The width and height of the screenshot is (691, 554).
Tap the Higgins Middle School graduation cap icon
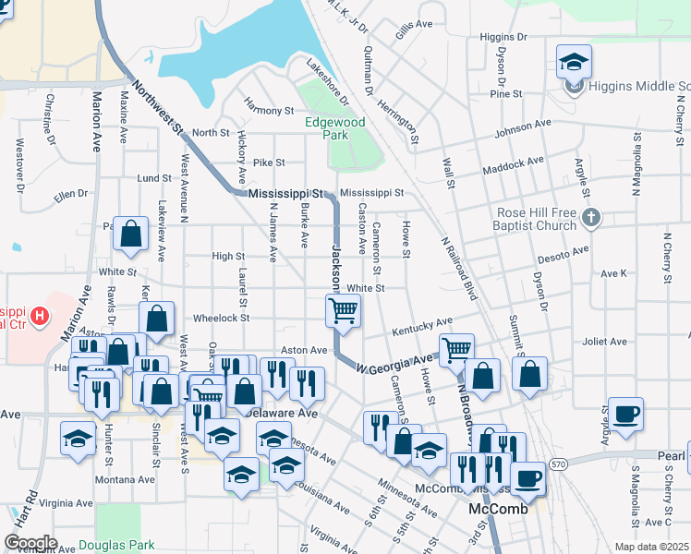click(x=574, y=63)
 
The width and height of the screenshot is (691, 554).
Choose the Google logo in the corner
click(x=30, y=543)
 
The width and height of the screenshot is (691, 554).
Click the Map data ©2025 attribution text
click(x=651, y=547)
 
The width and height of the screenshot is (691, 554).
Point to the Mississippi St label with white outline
click(x=287, y=195)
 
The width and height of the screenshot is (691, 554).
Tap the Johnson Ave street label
click(x=522, y=126)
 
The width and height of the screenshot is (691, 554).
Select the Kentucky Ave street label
click(x=421, y=326)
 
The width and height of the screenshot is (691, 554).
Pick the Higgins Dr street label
click(x=503, y=37)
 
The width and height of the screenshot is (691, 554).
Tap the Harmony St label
click(x=269, y=111)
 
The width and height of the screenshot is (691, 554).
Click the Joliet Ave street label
click(x=605, y=342)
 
